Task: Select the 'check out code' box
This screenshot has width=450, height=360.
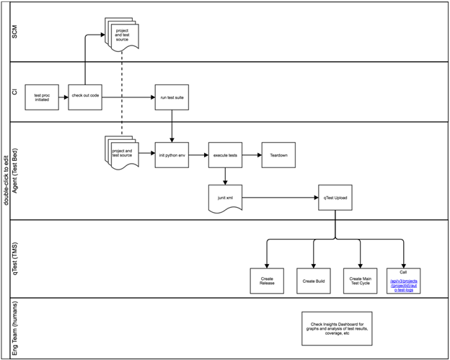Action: click(x=85, y=96)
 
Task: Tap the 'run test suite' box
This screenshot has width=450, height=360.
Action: click(x=172, y=96)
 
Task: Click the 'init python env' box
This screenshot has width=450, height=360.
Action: click(x=172, y=154)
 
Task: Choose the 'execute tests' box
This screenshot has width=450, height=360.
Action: click(x=226, y=154)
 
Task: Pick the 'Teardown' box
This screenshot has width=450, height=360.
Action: click(x=278, y=154)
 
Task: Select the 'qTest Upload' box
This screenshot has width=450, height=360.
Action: click(x=335, y=197)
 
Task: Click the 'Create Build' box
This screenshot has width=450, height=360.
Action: click(x=314, y=280)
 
